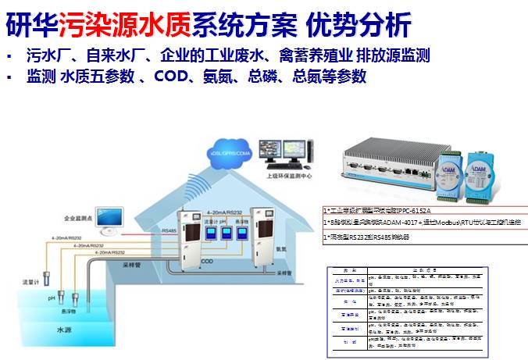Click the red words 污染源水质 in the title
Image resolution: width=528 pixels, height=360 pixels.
(109, 24)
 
